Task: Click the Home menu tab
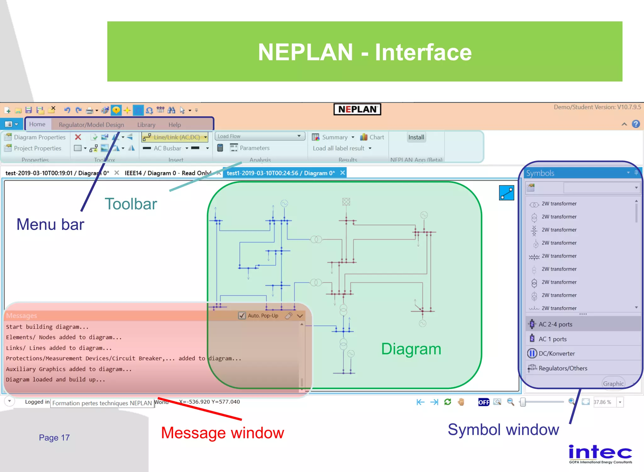click(x=37, y=124)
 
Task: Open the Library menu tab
click(x=146, y=125)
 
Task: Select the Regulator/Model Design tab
click(x=91, y=125)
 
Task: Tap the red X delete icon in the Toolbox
click(x=78, y=137)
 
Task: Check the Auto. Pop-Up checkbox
click(x=242, y=316)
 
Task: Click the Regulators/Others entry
click(x=562, y=368)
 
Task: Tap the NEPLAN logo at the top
click(x=357, y=109)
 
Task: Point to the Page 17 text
click(x=54, y=437)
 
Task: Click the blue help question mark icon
click(x=636, y=124)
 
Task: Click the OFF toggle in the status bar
click(x=484, y=402)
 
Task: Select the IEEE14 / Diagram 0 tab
click(x=167, y=173)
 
